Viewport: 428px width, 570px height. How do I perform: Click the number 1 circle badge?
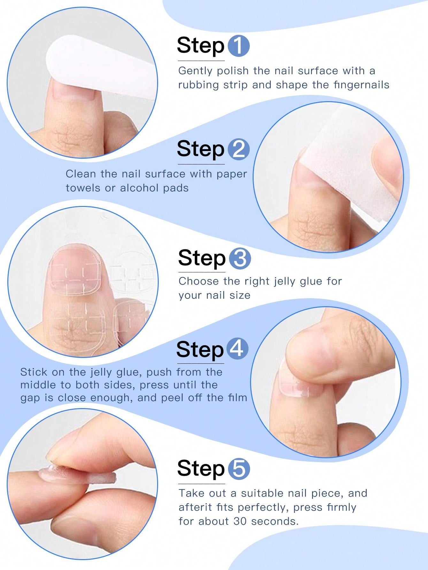pyautogui.click(x=239, y=47)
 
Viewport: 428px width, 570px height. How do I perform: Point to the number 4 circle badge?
pyautogui.click(x=238, y=349)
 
